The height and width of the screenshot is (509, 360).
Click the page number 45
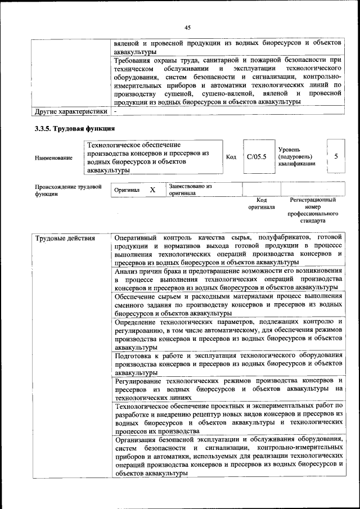[x=187, y=27]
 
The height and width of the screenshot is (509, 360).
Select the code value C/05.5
[x=256, y=157]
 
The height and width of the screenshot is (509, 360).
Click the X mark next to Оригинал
[x=152, y=190]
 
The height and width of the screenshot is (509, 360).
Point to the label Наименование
[x=53, y=157]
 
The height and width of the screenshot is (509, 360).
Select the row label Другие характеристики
[x=70, y=111]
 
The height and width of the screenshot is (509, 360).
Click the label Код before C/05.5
[x=231, y=157]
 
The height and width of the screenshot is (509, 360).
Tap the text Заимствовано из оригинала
[x=190, y=190]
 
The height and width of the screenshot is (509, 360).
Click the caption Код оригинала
[x=262, y=203]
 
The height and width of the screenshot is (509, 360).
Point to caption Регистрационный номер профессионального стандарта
[x=312, y=210]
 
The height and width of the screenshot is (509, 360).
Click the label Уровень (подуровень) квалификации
[x=296, y=156]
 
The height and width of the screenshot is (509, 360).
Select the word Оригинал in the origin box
[x=127, y=190]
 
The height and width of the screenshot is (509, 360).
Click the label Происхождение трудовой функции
[x=68, y=190]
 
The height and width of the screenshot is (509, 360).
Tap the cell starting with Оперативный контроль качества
[x=228, y=250]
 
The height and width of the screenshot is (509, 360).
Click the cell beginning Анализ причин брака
[x=228, y=279]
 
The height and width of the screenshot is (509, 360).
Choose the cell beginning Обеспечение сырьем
[x=228, y=304]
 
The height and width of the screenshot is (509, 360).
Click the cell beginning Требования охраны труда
[x=228, y=80]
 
